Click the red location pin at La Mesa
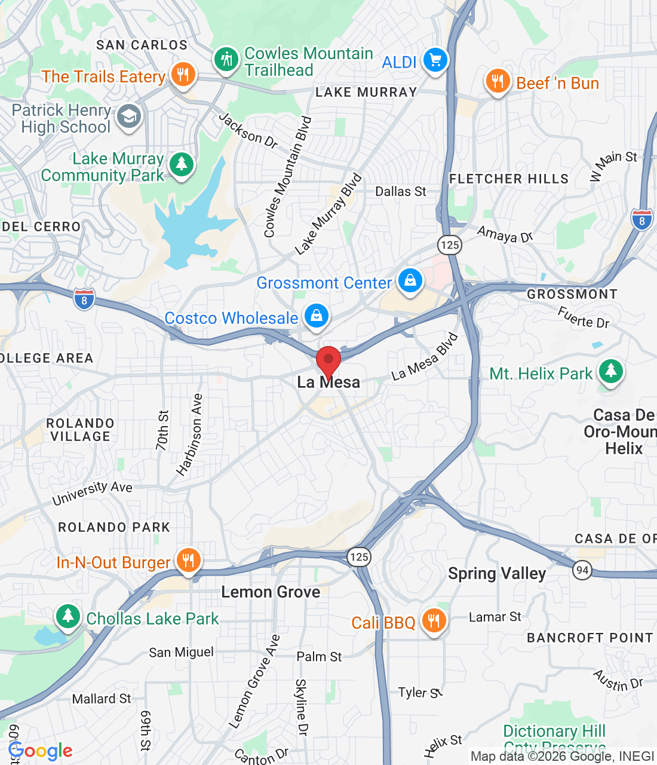tap(328, 361)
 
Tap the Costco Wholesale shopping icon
tap(317, 316)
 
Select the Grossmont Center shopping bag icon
tap(410, 280)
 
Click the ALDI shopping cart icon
tap(435, 60)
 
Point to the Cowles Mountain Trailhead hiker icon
tap(226, 60)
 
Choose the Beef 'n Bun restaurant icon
tap(498, 81)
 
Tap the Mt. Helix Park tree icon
tap(610, 372)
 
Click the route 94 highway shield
tap(582, 570)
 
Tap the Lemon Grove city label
tap(271, 592)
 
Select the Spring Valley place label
tap(497, 574)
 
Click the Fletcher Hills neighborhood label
tap(509, 179)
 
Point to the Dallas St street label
tap(401, 191)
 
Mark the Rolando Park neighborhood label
tap(114, 527)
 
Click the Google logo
tap(41, 751)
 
